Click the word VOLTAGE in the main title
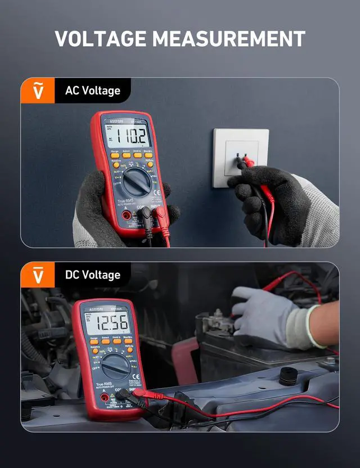[100, 39]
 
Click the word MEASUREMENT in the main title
[228, 39]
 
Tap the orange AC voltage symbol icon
[38, 90]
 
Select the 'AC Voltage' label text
[92, 91]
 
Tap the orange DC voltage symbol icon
[38, 274]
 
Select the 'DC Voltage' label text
[92, 275]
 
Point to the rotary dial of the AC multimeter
[136, 182]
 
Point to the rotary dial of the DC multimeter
[115, 366]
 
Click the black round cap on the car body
[289, 375]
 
